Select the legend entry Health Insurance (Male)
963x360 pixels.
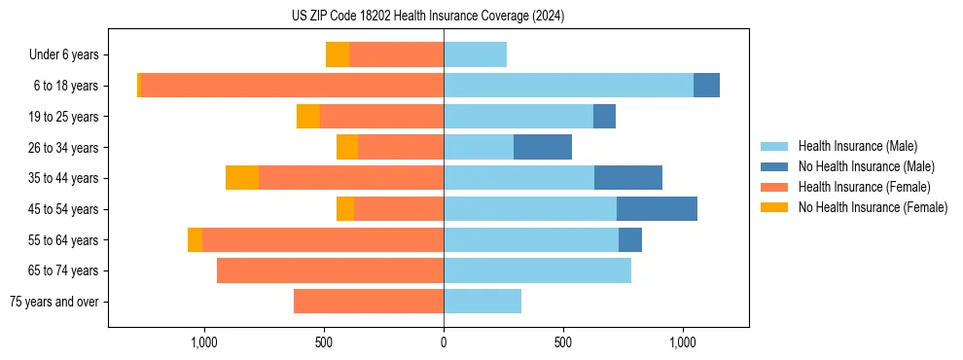click(857, 146)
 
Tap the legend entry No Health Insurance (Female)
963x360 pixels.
click(873, 207)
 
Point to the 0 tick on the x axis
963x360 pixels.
click(444, 342)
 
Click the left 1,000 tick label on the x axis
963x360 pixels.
click(204, 342)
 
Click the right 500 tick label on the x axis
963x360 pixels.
click(563, 342)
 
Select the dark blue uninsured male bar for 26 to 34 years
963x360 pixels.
click(543, 147)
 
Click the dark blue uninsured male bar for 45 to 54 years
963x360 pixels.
click(657, 209)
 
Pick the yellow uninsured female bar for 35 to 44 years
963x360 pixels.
click(242, 178)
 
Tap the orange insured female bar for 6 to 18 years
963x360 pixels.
click(292, 86)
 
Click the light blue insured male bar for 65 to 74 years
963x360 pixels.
click(537, 270)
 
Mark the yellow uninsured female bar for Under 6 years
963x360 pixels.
click(338, 55)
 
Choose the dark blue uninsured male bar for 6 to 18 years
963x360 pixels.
click(706, 86)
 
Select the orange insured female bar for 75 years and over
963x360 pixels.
click(369, 302)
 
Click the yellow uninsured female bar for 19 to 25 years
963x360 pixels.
click(308, 117)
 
